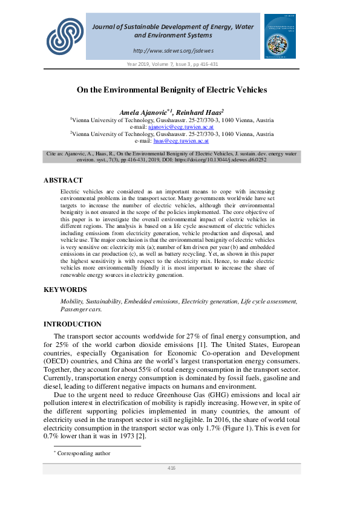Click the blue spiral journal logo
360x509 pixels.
(x=65, y=35)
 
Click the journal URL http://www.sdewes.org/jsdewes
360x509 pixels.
(x=172, y=51)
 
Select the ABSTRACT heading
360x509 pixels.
(x=63, y=180)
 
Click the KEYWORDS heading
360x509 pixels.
(x=65, y=290)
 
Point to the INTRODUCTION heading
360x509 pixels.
(x=73, y=324)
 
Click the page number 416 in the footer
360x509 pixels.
(x=171, y=468)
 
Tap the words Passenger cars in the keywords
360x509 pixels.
(x=81, y=309)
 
